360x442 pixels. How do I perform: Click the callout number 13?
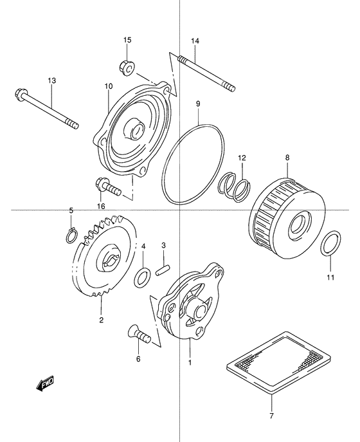tap(52, 80)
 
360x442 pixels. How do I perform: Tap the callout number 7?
tap(272, 416)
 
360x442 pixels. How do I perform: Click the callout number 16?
tap(100, 205)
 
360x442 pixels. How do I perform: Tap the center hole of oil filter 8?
tap(298, 226)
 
